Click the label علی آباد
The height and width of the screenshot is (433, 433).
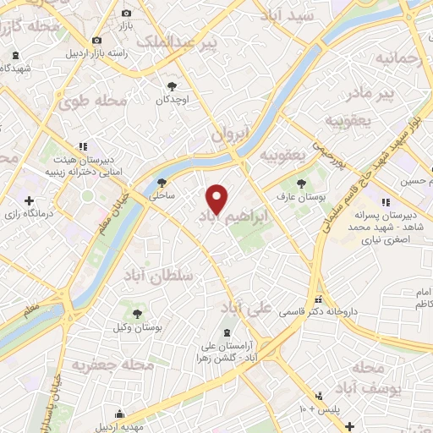(249, 306)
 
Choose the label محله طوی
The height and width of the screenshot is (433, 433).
(92, 101)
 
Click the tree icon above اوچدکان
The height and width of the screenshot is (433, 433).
(173, 85)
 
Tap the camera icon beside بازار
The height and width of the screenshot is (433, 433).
(127, 14)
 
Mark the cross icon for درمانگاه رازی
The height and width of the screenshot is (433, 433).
(30, 201)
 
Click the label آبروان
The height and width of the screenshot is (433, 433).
(232, 134)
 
